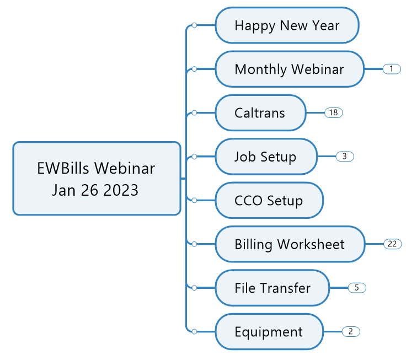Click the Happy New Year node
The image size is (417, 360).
click(287, 25)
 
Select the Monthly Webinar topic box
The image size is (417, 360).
click(290, 69)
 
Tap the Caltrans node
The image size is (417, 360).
click(260, 112)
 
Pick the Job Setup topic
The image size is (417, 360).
click(266, 157)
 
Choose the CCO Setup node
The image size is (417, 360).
click(269, 200)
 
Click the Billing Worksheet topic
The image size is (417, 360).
click(290, 244)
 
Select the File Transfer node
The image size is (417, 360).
click(272, 288)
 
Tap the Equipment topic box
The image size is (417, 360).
click(269, 331)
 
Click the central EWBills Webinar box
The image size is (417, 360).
click(97, 179)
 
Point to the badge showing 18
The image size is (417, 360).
click(334, 112)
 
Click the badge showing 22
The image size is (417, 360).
click(393, 244)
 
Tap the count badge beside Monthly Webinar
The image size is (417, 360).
click(392, 69)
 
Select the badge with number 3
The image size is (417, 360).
click(345, 157)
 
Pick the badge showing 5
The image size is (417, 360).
click(357, 288)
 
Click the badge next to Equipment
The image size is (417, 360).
click(351, 331)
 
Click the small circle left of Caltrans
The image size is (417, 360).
click(194, 112)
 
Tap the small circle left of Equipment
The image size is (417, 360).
click(194, 331)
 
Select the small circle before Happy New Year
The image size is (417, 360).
click(194, 25)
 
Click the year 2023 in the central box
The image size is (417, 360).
click(121, 190)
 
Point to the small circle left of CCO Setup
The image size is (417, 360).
click(194, 200)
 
